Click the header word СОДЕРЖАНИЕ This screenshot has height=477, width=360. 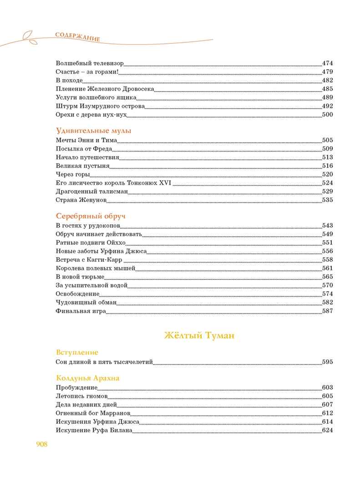[x=77, y=37]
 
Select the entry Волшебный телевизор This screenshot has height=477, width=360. [x=90, y=63]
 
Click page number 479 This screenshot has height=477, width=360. [x=328, y=72]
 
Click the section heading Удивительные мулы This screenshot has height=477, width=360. [x=93, y=131]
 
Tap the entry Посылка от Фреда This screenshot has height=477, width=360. [x=84, y=149]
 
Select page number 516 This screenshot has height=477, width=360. [x=328, y=166]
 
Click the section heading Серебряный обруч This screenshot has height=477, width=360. [x=90, y=216]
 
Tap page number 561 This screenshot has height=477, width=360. [x=328, y=268]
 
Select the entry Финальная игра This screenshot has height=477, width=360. [x=81, y=311]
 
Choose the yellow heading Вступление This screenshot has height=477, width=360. [x=77, y=352]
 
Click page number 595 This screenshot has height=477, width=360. [x=328, y=362]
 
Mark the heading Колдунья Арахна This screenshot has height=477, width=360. [x=88, y=378]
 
